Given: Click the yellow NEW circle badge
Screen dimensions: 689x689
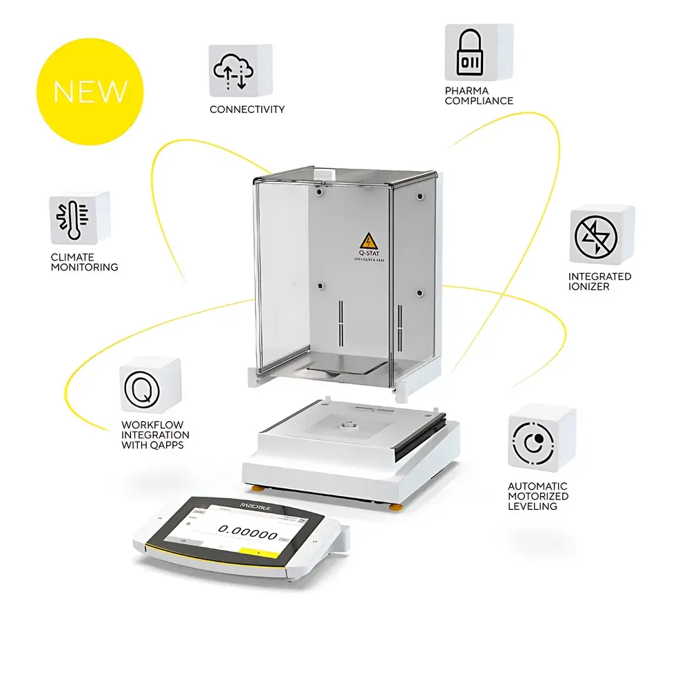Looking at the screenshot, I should pyautogui.click(x=90, y=92).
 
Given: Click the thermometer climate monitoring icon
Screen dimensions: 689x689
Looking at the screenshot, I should pyautogui.click(x=72, y=218).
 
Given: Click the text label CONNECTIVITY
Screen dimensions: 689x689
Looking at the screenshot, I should pyautogui.click(x=247, y=110).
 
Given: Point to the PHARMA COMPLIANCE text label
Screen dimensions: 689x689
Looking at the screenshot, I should pyautogui.click(x=479, y=96).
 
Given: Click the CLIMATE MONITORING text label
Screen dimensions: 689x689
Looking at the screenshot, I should pyautogui.click(x=84, y=262).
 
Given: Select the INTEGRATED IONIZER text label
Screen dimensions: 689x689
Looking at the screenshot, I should pyautogui.click(x=599, y=281).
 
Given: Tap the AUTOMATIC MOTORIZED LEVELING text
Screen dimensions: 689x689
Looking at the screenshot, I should pyautogui.click(x=538, y=496).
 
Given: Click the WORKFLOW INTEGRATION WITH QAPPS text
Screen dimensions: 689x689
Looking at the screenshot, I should pyautogui.click(x=155, y=435).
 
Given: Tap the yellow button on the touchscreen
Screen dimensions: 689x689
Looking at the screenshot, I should pyautogui.click(x=259, y=552).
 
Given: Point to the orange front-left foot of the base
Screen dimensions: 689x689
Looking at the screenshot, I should pyautogui.click(x=256, y=489).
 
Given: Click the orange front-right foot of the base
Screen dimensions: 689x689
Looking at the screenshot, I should pyautogui.click(x=397, y=507).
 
